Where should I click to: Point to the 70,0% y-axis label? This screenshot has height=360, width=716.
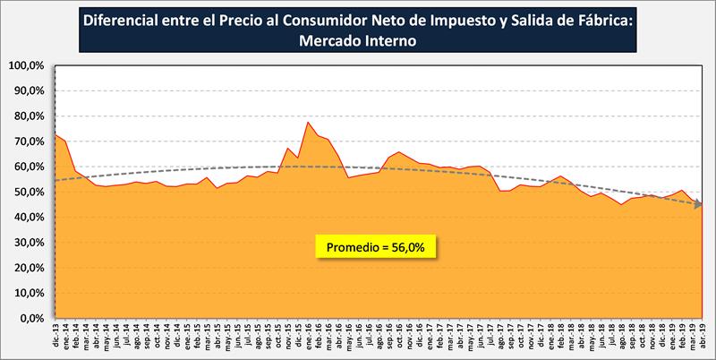click(27, 141)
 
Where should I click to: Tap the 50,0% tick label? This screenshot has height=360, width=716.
click(27, 192)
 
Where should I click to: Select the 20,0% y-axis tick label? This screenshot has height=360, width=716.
click(27, 268)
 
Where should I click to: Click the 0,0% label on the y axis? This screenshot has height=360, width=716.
click(30, 318)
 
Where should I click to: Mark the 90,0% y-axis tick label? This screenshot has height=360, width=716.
click(27, 90)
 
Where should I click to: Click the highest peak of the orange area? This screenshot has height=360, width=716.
click(308, 122)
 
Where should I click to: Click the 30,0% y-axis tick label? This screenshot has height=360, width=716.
click(27, 242)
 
